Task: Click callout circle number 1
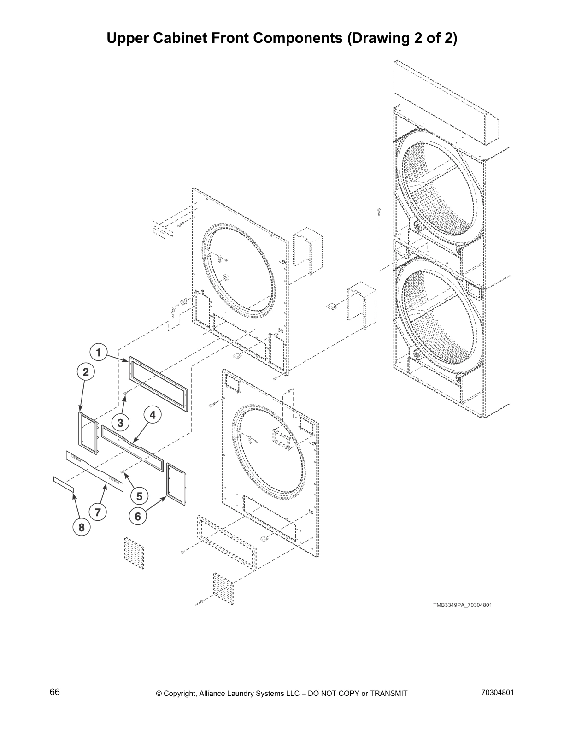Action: tap(98, 353)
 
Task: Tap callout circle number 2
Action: tap(86, 372)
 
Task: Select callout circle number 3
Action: tap(120, 422)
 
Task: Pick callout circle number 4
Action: tap(153, 415)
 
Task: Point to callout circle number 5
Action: tap(139, 496)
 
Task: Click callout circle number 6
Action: tap(138, 517)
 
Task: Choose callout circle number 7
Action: tap(98, 512)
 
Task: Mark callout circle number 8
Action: tap(82, 528)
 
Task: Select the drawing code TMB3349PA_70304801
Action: tap(462, 605)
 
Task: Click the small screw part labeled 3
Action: tap(125, 393)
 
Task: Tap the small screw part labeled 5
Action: tap(122, 471)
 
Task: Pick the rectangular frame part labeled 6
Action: tap(176, 485)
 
